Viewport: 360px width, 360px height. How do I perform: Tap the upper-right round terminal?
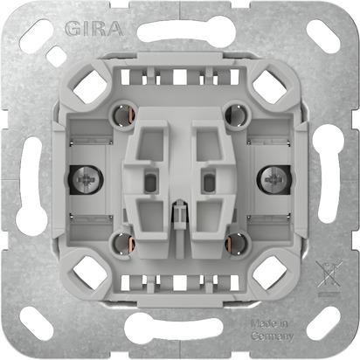pos(233,113)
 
